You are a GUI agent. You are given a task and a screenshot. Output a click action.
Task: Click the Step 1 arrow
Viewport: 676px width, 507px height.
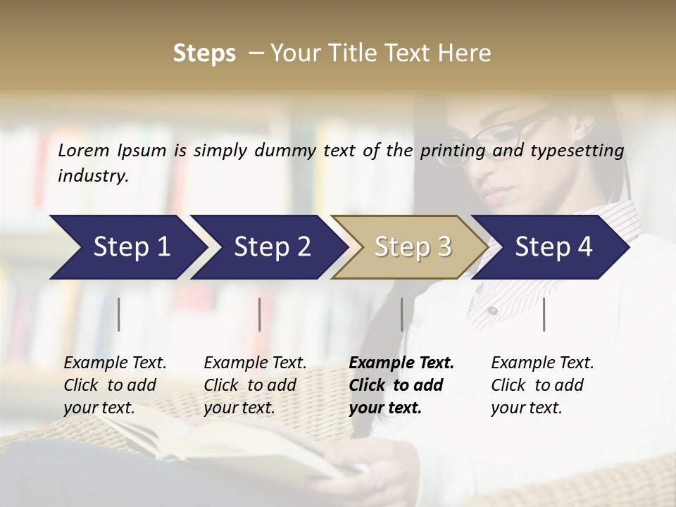(x=127, y=247)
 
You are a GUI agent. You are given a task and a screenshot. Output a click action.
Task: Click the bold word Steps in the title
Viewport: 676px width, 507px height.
(x=204, y=53)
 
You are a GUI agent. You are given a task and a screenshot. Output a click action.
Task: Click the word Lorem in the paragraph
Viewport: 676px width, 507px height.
(x=84, y=151)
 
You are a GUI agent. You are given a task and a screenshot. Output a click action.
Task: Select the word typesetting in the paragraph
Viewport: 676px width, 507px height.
(x=577, y=151)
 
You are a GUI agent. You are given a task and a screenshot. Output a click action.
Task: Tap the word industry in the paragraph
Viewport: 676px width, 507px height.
(x=92, y=175)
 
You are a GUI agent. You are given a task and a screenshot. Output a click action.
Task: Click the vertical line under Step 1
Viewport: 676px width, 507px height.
(x=119, y=314)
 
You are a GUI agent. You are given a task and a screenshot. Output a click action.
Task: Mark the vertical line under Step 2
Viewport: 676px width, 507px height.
(x=260, y=314)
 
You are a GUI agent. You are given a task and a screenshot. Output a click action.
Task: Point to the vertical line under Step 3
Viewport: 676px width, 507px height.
(x=401, y=314)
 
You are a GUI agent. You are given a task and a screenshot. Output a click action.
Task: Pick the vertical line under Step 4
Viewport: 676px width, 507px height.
(x=544, y=314)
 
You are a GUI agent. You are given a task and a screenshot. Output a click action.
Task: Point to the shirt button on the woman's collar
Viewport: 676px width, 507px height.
(x=493, y=311)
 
